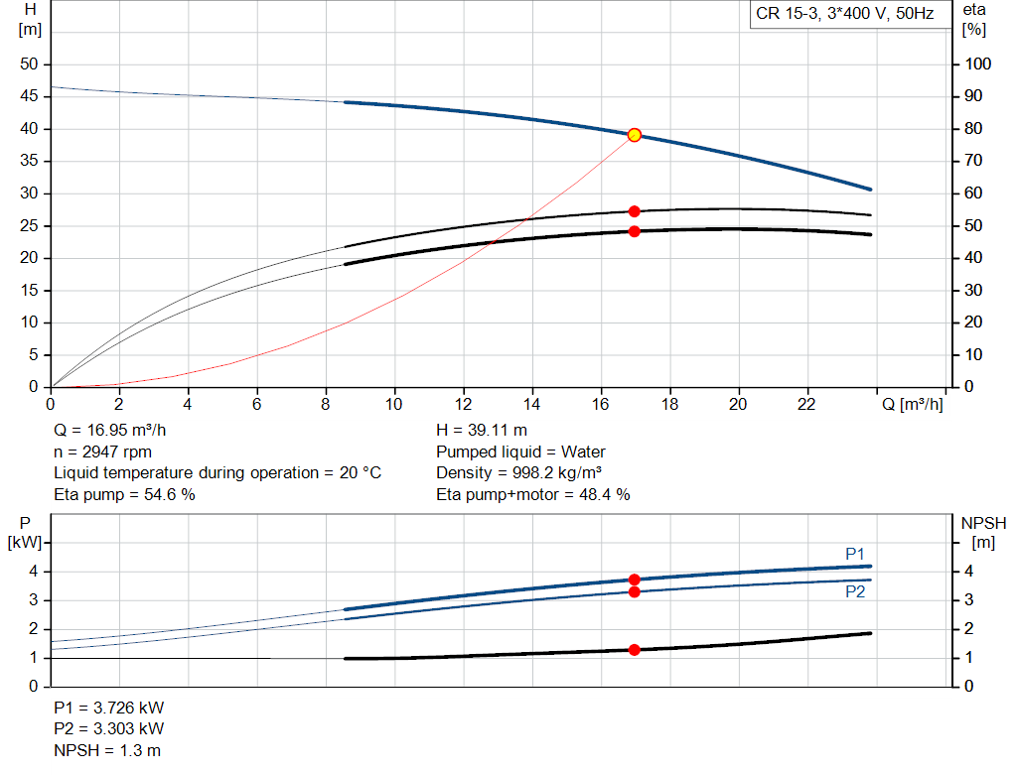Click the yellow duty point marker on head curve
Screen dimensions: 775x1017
point(634,135)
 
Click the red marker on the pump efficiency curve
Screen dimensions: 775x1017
point(634,211)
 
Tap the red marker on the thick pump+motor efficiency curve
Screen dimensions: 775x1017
point(634,231)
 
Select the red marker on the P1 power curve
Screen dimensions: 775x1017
point(634,580)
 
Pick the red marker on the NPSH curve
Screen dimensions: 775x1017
point(634,650)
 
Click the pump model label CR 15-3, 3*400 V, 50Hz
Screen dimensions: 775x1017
point(845,15)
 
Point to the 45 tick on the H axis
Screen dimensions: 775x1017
point(29,96)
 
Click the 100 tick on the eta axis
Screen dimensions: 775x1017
point(978,65)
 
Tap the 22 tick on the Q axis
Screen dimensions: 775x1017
point(806,404)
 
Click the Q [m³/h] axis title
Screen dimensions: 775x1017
point(913,404)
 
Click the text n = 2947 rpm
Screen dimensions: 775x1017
point(102,452)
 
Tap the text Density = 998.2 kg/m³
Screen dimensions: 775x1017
point(519,473)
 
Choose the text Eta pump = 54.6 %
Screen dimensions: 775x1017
point(124,494)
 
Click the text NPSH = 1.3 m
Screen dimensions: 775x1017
point(107,750)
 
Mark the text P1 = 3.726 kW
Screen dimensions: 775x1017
point(109,709)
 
